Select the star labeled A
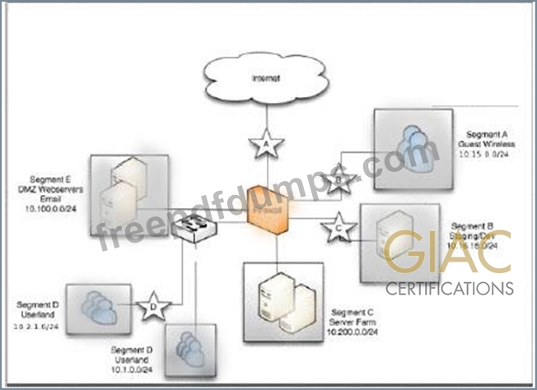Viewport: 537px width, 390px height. pyautogui.click(x=266, y=146)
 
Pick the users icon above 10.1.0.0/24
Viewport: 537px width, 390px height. pyautogui.click(x=189, y=350)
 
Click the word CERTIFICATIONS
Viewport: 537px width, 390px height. pyautogui.click(x=450, y=289)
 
